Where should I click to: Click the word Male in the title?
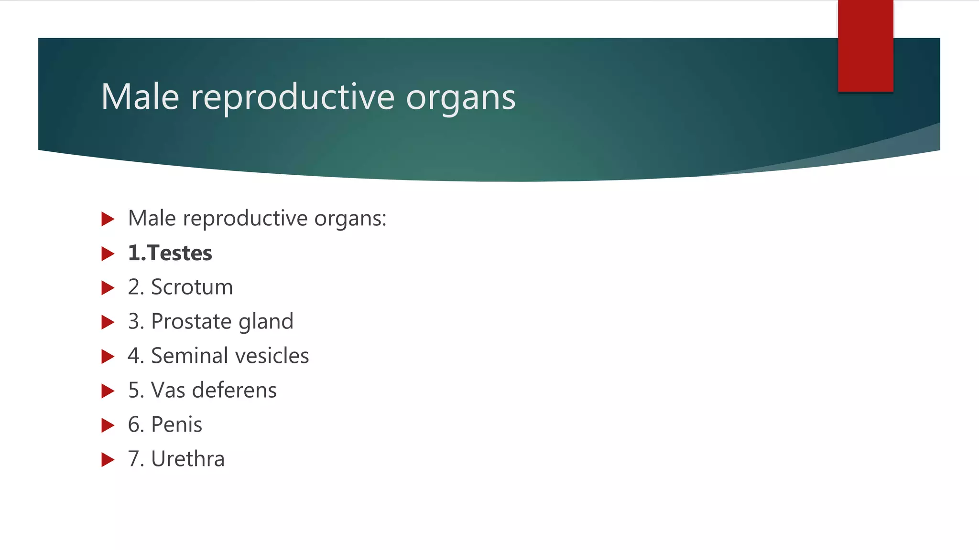click(x=140, y=97)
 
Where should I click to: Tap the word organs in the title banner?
click(x=460, y=98)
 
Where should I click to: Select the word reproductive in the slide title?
click(x=293, y=98)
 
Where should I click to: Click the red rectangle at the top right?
click(x=865, y=45)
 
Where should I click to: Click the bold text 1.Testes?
click(x=170, y=253)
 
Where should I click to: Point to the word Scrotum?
click(x=192, y=287)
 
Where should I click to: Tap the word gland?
click(x=266, y=322)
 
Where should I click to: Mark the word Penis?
click(x=176, y=425)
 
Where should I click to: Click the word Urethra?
click(x=187, y=459)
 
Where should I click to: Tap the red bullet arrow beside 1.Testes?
click(x=108, y=254)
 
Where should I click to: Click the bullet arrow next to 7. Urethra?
click(x=108, y=460)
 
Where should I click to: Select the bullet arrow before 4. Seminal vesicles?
click(x=108, y=357)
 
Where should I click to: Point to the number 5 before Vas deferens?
click(x=133, y=391)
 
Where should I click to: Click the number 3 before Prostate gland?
click(x=133, y=322)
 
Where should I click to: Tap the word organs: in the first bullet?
click(x=350, y=219)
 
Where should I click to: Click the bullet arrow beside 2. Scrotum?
click(x=108, y=288)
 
